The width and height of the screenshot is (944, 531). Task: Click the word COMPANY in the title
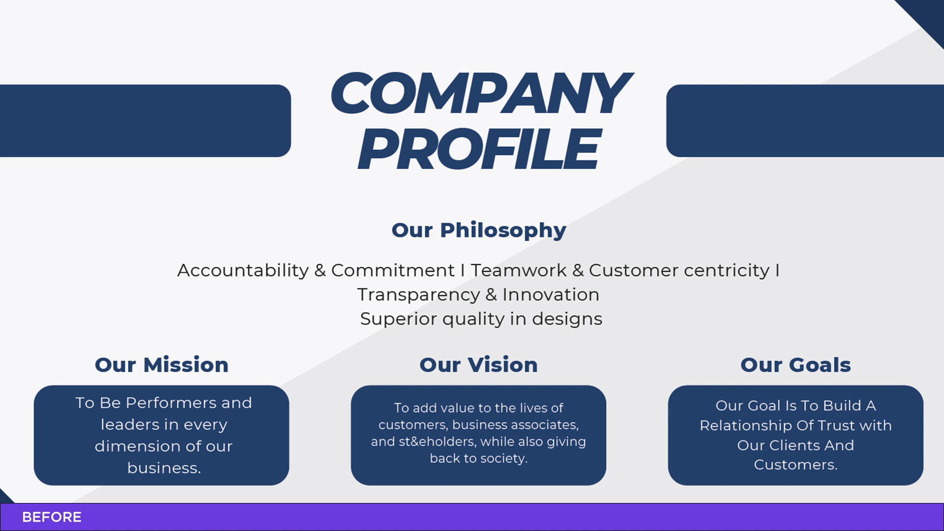point(481,92)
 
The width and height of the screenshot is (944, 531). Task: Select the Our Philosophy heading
point(479,231)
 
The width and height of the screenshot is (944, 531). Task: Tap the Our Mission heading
point(162,365)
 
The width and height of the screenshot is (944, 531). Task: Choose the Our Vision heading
point(478,365)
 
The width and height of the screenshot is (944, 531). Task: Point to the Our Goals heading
point(796,365)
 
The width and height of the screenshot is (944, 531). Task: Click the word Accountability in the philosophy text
point(243,270)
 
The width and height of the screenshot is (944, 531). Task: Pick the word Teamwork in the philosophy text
point(519,270)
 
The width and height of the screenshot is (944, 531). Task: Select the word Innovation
point(551,295)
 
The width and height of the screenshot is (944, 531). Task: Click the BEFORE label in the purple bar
point(52,517)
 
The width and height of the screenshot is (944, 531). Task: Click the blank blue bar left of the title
point(146,121)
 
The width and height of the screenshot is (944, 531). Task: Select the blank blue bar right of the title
point(805,121)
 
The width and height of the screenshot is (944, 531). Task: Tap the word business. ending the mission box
point(164,468)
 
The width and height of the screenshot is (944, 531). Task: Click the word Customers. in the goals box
point(796,465)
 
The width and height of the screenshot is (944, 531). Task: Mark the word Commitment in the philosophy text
point(393,270)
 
